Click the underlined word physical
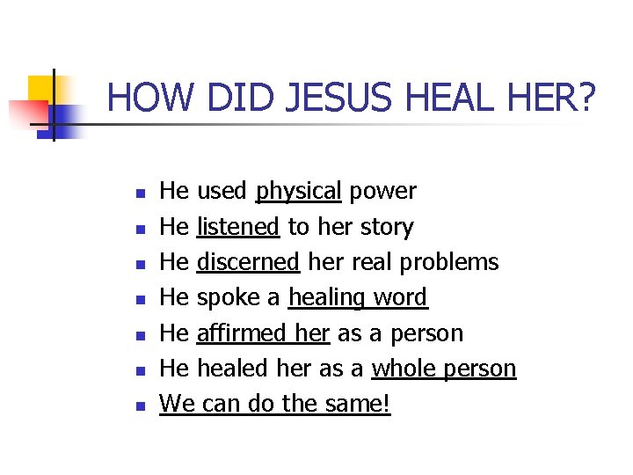(298, 191)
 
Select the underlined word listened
(238, 227)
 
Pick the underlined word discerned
(249, 262)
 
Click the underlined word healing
(326, 298)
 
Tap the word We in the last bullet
(177, 405)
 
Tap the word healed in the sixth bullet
(223, 369)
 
